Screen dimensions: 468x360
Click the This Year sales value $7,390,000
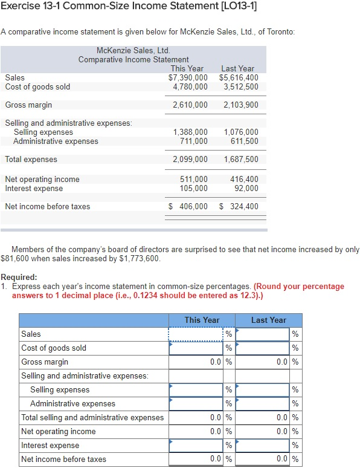188,77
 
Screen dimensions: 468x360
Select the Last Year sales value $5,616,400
239,77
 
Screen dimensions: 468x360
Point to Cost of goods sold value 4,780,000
190,86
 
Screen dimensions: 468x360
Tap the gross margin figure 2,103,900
240,105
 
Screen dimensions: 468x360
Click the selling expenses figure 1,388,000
190,132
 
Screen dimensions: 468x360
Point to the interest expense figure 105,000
194,188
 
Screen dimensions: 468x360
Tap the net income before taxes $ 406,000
188,207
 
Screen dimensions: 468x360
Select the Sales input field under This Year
196,334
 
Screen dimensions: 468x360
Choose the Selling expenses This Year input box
196,390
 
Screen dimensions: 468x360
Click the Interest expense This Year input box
196,446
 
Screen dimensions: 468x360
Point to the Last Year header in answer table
268,320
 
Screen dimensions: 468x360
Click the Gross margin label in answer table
45,362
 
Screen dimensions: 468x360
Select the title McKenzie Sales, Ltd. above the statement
133,50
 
